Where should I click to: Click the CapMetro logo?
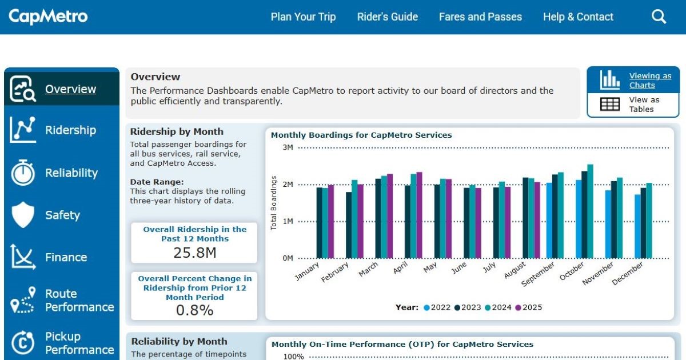pos(49,17)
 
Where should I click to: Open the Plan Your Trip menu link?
pos(303,17)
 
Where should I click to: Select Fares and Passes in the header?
pos(480,17)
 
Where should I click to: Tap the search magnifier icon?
pos(659,17)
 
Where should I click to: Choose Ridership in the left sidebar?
pos(70,130)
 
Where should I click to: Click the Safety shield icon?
pos(23,215)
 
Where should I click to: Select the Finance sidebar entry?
pos(66,257)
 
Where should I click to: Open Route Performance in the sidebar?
pos(79,301)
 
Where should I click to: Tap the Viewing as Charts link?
pos(650,81)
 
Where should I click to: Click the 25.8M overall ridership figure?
pos(194,253)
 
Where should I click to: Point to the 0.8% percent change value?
pos(194,310)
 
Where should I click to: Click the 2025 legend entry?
pos(529,307)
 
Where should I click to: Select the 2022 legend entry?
pos(437,307)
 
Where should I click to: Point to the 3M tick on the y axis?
pos(288,147)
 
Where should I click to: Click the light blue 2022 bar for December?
pos(637,226)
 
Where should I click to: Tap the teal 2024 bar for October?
pos(590,211)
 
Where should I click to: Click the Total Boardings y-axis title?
pos(274,203)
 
